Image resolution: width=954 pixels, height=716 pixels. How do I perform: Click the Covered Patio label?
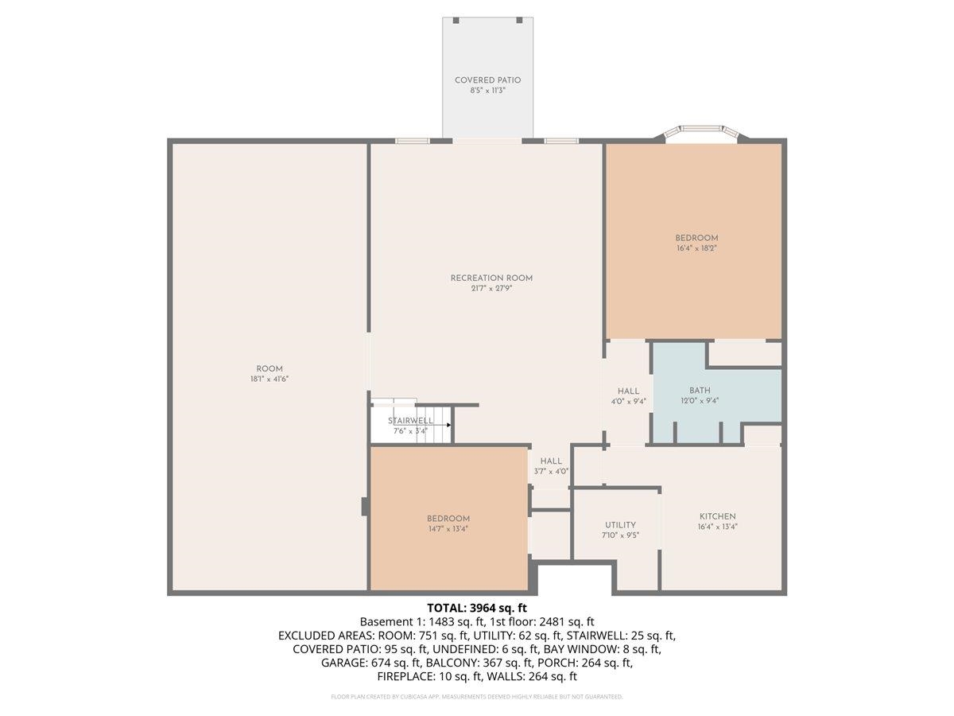tap(487, 80)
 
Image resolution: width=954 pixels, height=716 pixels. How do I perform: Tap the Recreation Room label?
tap(491, 278)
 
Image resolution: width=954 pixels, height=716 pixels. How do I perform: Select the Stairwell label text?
tap(410, 421)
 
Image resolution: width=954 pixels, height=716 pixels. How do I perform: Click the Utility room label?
tap(620, 525)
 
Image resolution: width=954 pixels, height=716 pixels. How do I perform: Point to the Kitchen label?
tap(718, 516)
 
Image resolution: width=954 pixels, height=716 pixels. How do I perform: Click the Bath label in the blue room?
tap(700, 391)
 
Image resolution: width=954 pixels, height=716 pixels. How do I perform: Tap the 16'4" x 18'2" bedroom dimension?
tap(696, 249)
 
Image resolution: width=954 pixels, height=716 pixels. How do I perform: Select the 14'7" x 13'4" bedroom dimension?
tap(448, 529)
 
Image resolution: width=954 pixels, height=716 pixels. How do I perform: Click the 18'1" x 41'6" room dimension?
tap(270, 379)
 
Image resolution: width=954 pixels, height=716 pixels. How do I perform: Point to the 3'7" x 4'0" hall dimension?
tap(551, 471)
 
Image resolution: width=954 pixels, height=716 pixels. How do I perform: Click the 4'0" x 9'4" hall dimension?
tap(629, 402)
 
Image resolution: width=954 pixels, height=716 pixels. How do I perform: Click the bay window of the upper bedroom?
tap(701, 132)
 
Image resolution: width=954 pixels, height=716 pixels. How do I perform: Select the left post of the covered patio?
tap(456, 21)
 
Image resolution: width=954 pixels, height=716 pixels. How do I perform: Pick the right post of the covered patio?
tap(519, 21)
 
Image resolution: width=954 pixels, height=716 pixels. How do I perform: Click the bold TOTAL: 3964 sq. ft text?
tap(477, 608)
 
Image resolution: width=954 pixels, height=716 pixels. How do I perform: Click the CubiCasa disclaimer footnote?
tap(477, 697)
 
